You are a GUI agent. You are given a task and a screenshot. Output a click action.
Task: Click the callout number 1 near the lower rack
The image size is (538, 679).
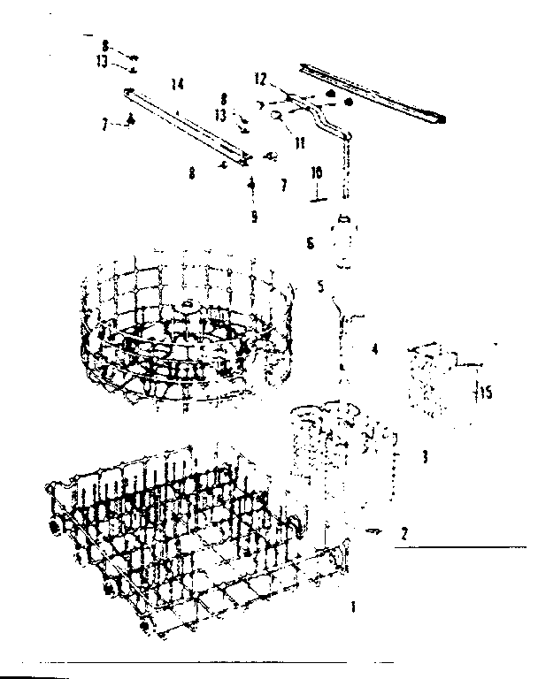click(354, 607)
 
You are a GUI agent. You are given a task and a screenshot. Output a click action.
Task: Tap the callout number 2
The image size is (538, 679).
click(404, 533)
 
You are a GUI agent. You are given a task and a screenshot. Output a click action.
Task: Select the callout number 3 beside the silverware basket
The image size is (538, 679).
click(426, 456)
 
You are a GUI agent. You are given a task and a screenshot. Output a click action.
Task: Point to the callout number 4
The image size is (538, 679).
click(374, 350)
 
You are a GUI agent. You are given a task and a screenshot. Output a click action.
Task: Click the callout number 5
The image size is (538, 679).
click(321, 286)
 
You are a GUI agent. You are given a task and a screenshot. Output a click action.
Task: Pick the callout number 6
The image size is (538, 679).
click(309, 242)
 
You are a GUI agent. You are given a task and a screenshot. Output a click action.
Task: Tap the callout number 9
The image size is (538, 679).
click(254, 217)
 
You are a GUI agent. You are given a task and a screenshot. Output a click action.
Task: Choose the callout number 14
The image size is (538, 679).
click(178, 84)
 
